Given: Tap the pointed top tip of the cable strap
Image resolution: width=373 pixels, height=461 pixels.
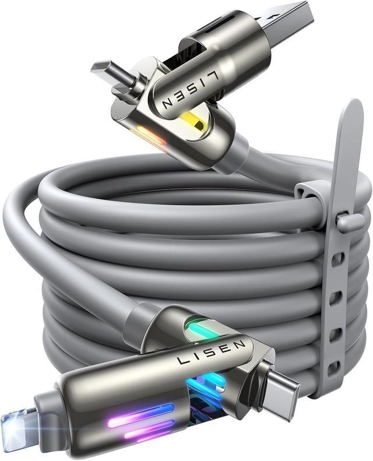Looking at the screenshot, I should tap(353, 108).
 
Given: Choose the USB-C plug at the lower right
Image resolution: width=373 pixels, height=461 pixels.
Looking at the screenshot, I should tap(280, 391).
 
